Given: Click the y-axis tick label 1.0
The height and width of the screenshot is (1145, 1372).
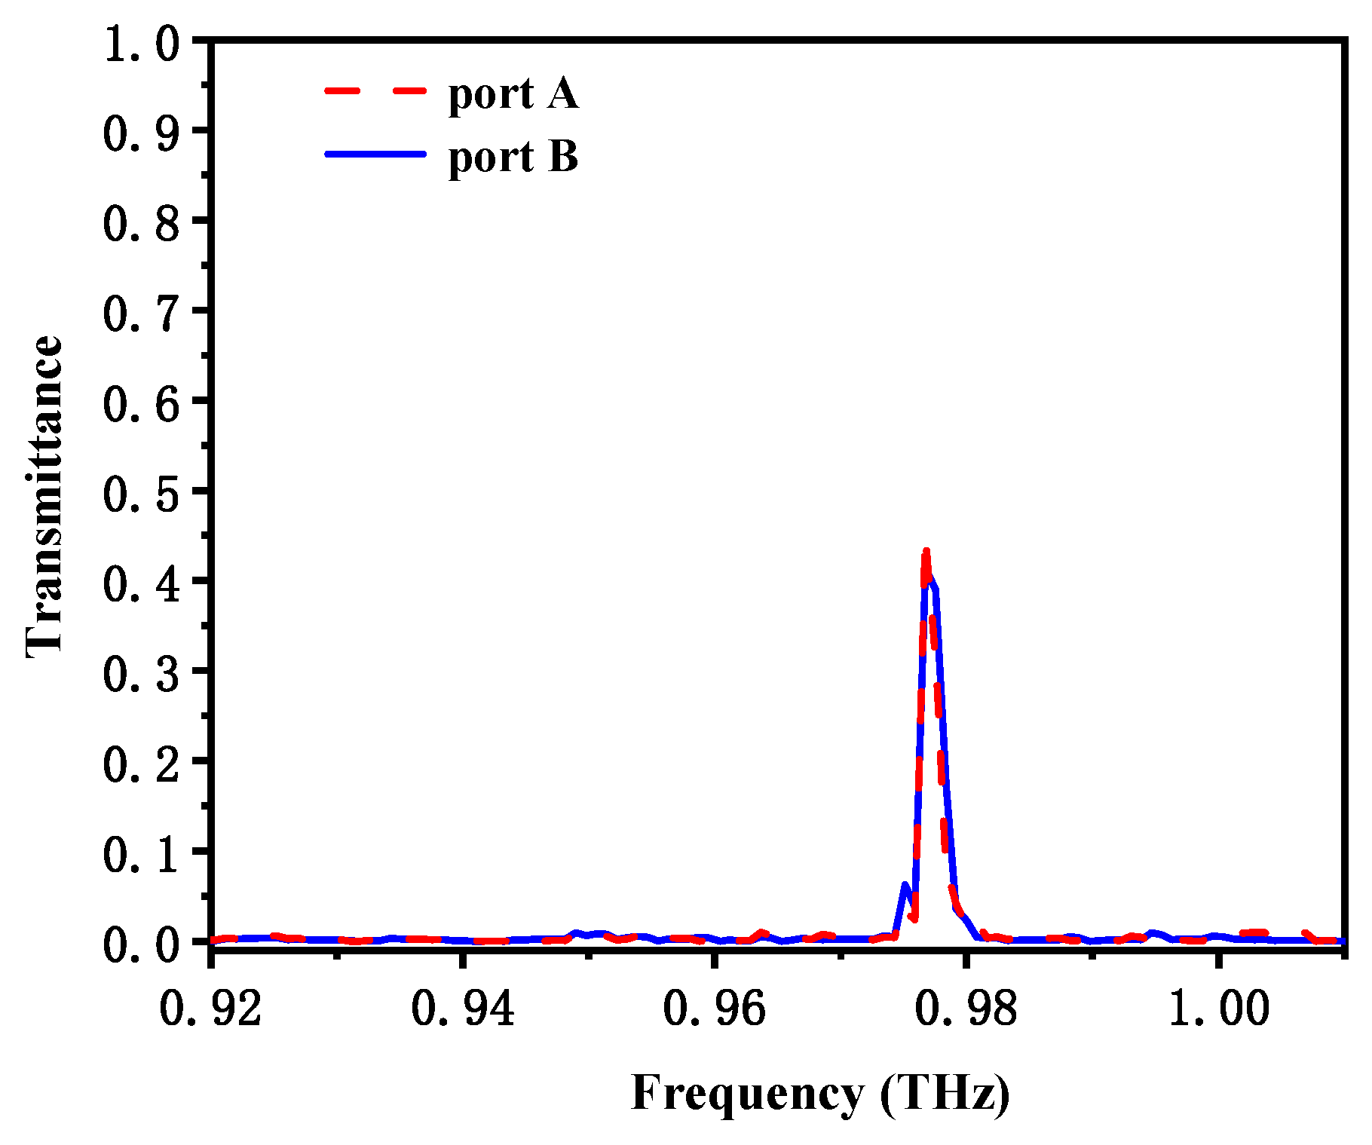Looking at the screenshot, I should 142,44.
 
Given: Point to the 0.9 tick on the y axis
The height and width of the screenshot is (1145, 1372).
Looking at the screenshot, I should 142,133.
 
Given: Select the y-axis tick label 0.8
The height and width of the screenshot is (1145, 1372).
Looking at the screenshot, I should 142,224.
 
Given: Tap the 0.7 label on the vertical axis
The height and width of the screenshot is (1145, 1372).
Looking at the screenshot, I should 142,314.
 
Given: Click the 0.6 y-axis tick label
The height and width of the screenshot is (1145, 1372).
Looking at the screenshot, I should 142,403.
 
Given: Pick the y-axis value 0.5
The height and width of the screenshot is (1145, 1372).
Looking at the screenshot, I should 142,494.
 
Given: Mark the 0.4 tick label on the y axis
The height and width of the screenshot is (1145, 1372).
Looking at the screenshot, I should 142,583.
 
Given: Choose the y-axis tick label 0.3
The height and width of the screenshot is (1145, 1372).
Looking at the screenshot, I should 142,674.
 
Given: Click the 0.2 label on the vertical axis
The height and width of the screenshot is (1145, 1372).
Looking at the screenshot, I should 142,764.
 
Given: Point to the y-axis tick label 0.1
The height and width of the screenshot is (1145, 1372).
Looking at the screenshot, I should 142,854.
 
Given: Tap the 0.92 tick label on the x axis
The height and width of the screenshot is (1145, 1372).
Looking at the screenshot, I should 211,1008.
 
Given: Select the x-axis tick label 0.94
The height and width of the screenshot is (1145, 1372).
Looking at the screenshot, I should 463,1008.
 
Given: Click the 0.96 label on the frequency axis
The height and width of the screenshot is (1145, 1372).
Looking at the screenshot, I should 714,1008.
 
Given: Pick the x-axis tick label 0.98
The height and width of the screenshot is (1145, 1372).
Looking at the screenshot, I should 966,1008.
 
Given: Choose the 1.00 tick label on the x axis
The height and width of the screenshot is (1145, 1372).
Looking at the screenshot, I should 1218,1008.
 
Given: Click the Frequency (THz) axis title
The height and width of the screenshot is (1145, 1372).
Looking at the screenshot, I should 820,1093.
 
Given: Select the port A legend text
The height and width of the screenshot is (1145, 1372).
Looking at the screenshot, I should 513,94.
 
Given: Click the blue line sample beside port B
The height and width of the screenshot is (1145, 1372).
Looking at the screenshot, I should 375,154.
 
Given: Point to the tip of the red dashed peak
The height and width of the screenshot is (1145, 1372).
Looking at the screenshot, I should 926,552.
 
